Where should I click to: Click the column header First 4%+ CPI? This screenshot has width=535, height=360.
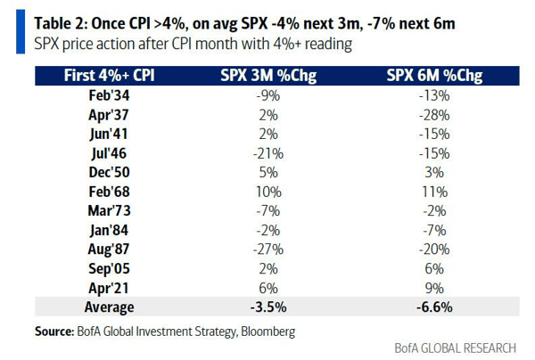click(109, 76)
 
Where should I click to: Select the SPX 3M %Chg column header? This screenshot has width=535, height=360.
click(268, 76)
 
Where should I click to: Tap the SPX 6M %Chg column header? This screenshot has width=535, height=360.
click(434, 76)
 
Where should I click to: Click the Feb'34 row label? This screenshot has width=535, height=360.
click(109, 95)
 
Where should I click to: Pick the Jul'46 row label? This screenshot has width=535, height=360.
click(109, 153)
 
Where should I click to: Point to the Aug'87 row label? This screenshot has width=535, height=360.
click(109, 250)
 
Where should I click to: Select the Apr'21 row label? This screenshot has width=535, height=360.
click(109, 288)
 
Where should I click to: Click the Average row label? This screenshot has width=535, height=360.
click(109, 307)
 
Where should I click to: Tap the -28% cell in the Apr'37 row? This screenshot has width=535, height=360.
click(434, 115)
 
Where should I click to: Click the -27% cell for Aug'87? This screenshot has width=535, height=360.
click(268, 250)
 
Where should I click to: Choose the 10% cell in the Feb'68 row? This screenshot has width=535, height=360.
click(268, 192)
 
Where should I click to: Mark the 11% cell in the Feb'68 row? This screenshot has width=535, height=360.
click(435, 192)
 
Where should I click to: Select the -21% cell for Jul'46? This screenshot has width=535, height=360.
click(268, 154)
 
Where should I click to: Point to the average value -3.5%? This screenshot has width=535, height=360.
click(268, 307)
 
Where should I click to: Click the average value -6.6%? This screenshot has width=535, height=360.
click(434, 307)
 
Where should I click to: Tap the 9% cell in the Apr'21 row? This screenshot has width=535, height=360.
click(434, 289)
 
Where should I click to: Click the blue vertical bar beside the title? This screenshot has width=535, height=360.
click(21, 32)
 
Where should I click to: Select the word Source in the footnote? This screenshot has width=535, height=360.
click(54, 331)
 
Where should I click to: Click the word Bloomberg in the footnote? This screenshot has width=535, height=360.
click(268, 331)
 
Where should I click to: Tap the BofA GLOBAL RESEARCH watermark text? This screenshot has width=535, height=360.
click(455, 348)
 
